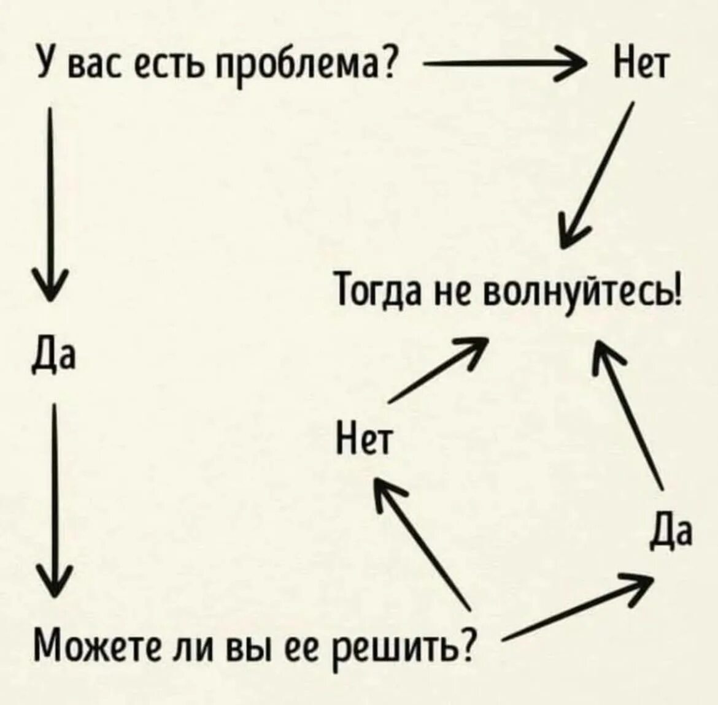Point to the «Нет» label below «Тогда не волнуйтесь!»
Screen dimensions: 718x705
click(364, 438)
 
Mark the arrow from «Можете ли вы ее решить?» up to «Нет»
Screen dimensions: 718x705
click(423, 539)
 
